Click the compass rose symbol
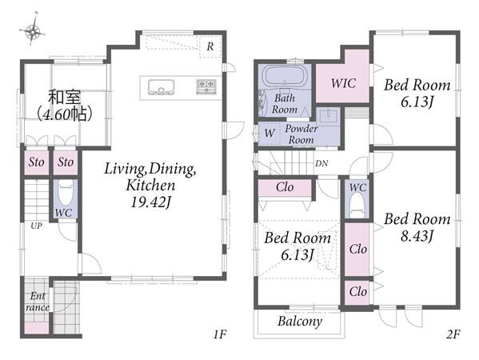click(32, 29)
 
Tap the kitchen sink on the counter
click(161, 87)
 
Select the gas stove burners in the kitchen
click(206, 86)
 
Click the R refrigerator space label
click(210, 46)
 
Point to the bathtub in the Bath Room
click(285, 77)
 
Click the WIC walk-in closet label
click(343, 83)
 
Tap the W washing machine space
click(269, 133)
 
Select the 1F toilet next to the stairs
click(66, 194)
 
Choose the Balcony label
click(300, 322)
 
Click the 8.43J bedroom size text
click(417, 236)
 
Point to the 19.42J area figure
click(150, 202)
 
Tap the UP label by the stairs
click(36, 226)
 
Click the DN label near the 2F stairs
click(321, 163)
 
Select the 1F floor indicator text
click(220, 334)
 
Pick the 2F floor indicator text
click(453, 334)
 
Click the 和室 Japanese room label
click(65, 97)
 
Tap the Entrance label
click(38, 302)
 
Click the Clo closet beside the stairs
click(285, 187)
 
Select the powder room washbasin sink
click(329, 116)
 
